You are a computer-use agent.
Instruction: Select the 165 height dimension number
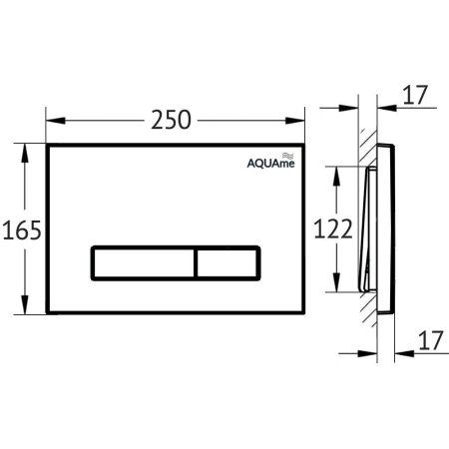21,231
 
